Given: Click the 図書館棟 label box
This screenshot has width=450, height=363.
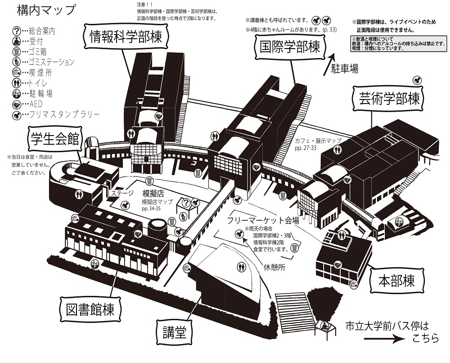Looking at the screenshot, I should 90,309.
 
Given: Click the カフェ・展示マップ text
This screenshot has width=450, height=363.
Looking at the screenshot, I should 318,141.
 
